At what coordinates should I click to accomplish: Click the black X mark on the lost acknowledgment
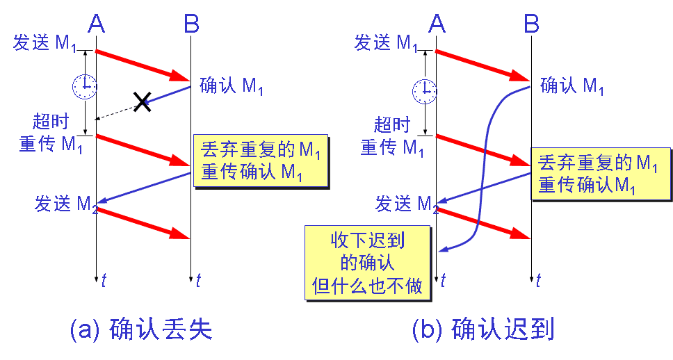click(x=142, y=103)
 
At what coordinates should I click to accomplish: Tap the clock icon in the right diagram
click(x=424, y=90)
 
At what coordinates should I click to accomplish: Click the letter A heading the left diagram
click(x=97, y=24)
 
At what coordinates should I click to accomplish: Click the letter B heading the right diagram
click(x=531, y=24)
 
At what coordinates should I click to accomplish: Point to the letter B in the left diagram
click(x=191, y=24)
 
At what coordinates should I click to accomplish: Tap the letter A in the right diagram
click(x=437, y=24)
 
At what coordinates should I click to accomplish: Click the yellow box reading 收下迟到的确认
click(x=368, y=262)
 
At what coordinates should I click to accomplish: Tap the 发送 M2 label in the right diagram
click(x=407, y=204)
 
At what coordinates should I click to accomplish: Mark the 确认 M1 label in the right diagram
click(x=571, y=86)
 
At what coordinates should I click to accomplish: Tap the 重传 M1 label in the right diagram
click(x=392, y=147)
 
